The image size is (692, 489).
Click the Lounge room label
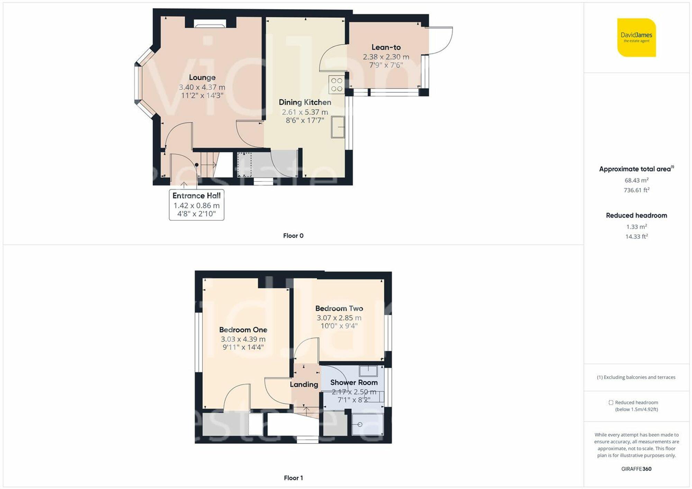202,77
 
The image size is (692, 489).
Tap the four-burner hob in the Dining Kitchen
337,85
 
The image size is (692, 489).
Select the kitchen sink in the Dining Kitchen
338,127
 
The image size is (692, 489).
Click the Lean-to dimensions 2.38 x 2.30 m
386,57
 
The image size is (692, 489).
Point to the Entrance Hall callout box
197,205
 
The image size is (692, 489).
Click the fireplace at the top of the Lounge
210,23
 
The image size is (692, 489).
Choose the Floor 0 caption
293,236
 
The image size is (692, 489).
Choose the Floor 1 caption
293,478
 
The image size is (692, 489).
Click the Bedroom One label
243,330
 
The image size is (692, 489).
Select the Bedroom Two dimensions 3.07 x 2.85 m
339,318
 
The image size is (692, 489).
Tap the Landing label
304,384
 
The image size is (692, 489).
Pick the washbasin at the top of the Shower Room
368,371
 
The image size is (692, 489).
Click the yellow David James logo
636,37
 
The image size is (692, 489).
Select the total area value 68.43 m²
636,180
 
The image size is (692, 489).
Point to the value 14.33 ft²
636,237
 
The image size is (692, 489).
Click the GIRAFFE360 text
636,469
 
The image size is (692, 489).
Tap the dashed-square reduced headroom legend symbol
611,403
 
